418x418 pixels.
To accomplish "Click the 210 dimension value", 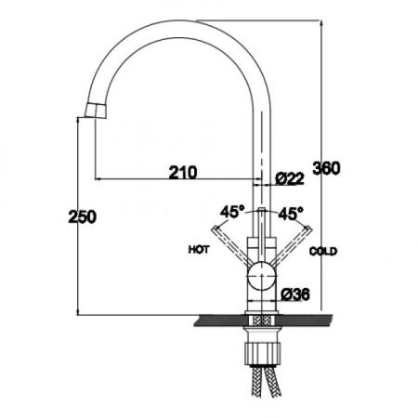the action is [183, 173].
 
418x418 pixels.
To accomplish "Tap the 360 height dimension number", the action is [326, 168].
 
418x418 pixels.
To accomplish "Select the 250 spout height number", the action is [83, 216].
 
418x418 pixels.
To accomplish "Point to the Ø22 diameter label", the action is [290, 178].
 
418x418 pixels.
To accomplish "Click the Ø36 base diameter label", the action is [295, 294].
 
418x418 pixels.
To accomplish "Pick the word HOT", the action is [199, 250].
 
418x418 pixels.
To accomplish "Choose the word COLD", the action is [323, 251].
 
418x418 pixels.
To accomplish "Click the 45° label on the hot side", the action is [232, 212].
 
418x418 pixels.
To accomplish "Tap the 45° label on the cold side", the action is [291, 214].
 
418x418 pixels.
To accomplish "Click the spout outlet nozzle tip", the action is [96, 111].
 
